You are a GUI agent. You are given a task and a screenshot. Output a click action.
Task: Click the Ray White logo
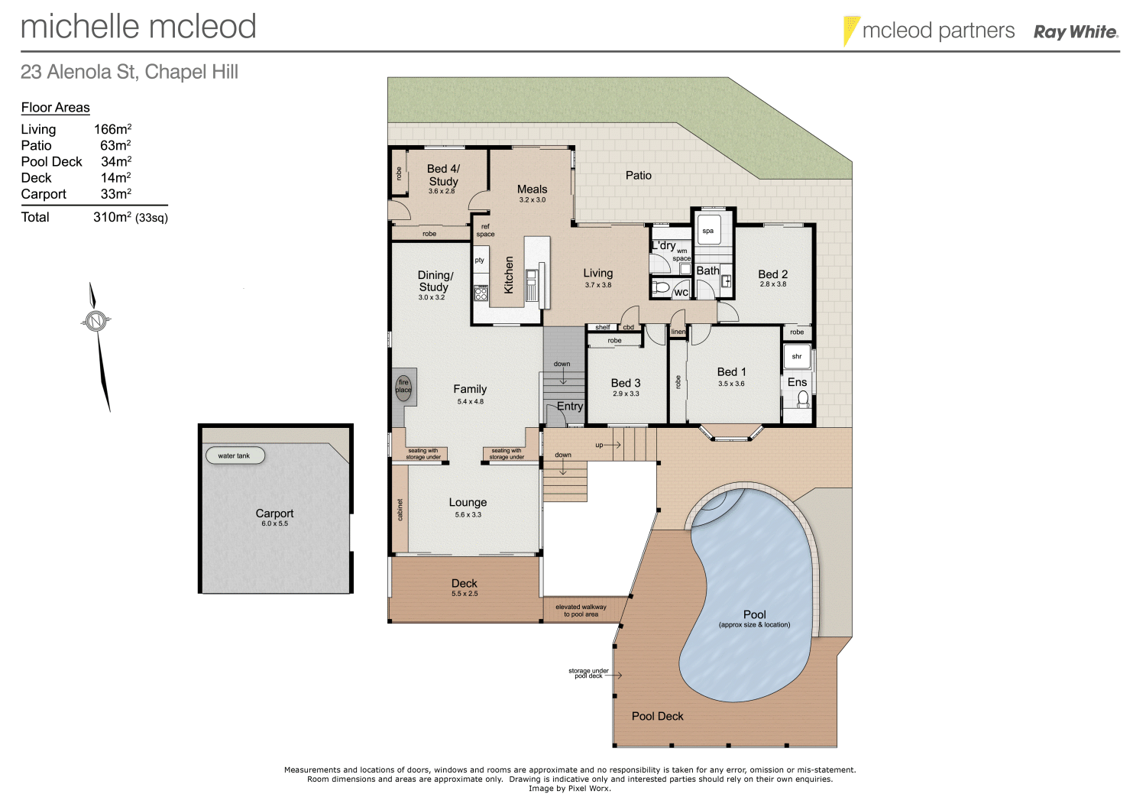(1076, 32)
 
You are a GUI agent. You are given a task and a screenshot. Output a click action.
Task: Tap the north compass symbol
(95, 322)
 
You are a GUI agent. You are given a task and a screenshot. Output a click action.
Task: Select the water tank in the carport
(235, 455)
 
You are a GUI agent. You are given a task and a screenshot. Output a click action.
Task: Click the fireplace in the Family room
(403, 386)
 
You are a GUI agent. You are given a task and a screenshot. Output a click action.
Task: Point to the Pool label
(754, 614)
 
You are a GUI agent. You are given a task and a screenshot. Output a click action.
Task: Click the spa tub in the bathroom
(709, 231)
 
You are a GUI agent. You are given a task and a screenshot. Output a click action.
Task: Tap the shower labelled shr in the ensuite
(797, 356)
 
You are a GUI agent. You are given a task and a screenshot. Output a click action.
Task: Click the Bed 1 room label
(731, 372)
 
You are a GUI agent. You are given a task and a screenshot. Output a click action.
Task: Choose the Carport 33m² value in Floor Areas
(116, 194)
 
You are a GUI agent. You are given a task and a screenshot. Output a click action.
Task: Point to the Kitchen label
(509, 274)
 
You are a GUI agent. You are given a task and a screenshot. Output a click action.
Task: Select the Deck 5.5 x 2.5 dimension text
(465, 594)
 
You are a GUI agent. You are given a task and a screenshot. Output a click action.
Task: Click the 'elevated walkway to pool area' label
(581, 611)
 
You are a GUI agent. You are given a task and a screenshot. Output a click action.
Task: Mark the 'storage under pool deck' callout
(589, 673)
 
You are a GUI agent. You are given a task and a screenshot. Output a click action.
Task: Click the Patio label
(639, 175)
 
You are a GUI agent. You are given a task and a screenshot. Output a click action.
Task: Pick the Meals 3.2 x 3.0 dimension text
(533, 200)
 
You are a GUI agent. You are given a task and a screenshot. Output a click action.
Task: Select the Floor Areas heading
(56, 108)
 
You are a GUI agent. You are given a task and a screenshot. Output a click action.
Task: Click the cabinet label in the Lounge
(400, 510)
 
